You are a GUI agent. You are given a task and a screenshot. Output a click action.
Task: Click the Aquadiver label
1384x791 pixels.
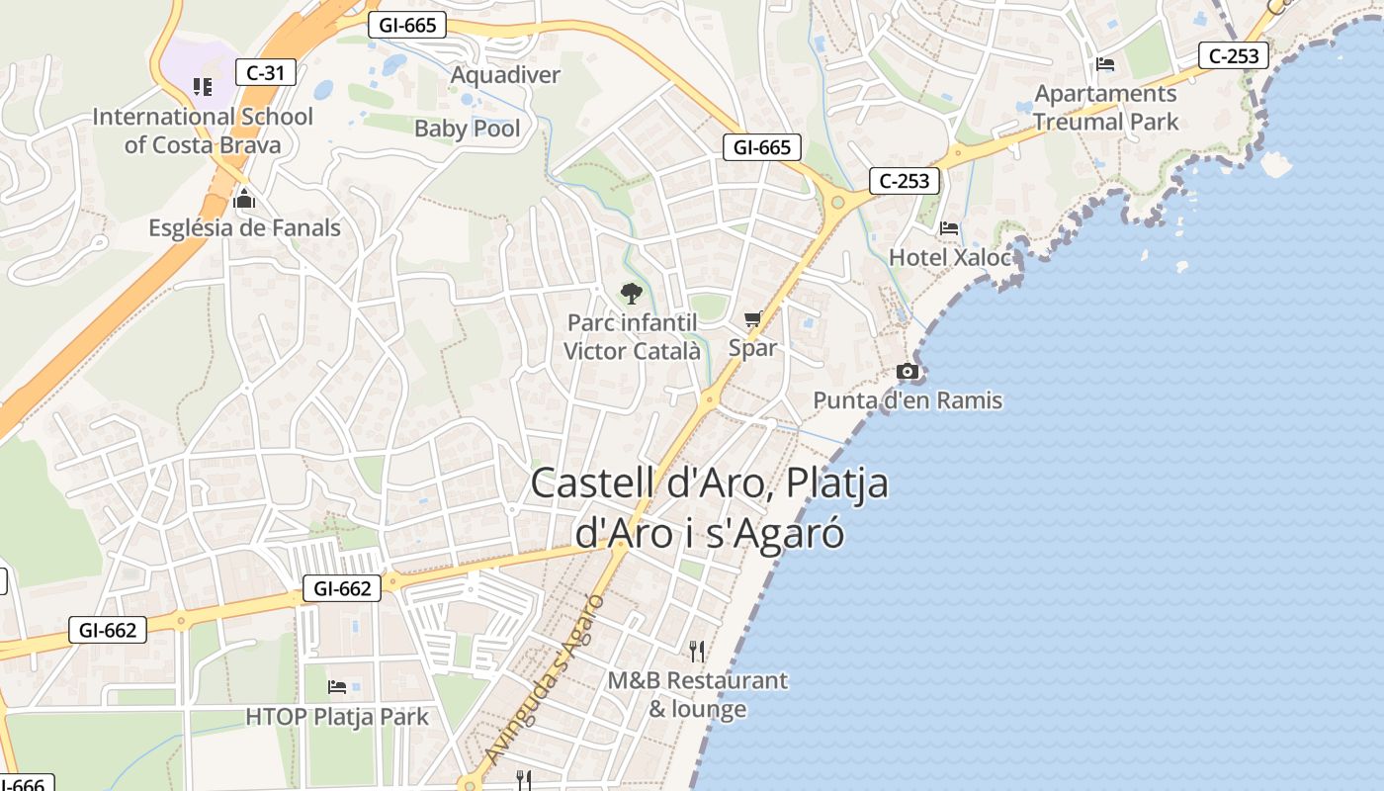click(505, 75)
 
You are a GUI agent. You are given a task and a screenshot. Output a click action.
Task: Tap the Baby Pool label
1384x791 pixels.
click(468, 129)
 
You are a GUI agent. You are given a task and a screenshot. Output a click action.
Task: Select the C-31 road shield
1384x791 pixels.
click(266, 71)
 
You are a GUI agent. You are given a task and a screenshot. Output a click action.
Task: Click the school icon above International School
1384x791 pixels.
click(203, 87)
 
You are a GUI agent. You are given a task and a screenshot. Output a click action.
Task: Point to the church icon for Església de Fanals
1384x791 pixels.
click(244, 201)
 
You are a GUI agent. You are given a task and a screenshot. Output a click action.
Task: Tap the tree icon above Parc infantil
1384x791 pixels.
click(631, 293)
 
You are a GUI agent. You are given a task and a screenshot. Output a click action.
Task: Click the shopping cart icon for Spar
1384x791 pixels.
click(753, 318)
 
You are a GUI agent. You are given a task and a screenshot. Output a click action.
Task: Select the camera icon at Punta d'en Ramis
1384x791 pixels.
click(907, 372)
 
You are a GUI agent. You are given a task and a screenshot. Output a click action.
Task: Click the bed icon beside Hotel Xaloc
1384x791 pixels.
click(949, 228)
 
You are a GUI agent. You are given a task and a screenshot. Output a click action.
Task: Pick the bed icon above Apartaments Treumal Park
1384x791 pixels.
click(1105, 64)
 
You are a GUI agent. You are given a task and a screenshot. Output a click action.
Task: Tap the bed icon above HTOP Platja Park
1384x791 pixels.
click(337, 686)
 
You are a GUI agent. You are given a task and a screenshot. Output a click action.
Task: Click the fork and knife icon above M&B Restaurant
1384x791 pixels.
click(697, 651)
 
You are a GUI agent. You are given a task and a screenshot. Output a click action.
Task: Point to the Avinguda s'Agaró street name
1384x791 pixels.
click(546, 679)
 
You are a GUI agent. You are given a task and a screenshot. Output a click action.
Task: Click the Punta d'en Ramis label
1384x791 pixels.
click(908, 400)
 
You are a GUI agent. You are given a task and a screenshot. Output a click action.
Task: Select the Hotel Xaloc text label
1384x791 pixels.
click(950, 258)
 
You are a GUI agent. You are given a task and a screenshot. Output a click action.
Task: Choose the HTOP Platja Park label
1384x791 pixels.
click(337, 717)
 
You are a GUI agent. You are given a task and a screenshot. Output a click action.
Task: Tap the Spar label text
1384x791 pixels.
click(753, 348)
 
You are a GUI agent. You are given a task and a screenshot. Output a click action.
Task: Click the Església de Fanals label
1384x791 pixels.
click(244, 228)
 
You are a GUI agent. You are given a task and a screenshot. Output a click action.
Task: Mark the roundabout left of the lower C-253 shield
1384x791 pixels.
click(838, 203)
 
